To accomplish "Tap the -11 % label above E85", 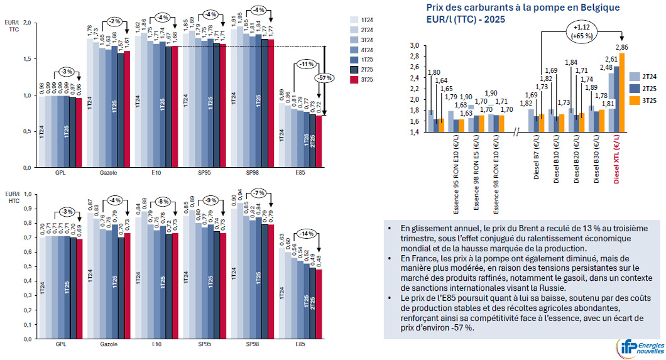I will point(307,64).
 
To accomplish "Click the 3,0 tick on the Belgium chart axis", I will point(413,46).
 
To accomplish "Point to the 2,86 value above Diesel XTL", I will point(623,47).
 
